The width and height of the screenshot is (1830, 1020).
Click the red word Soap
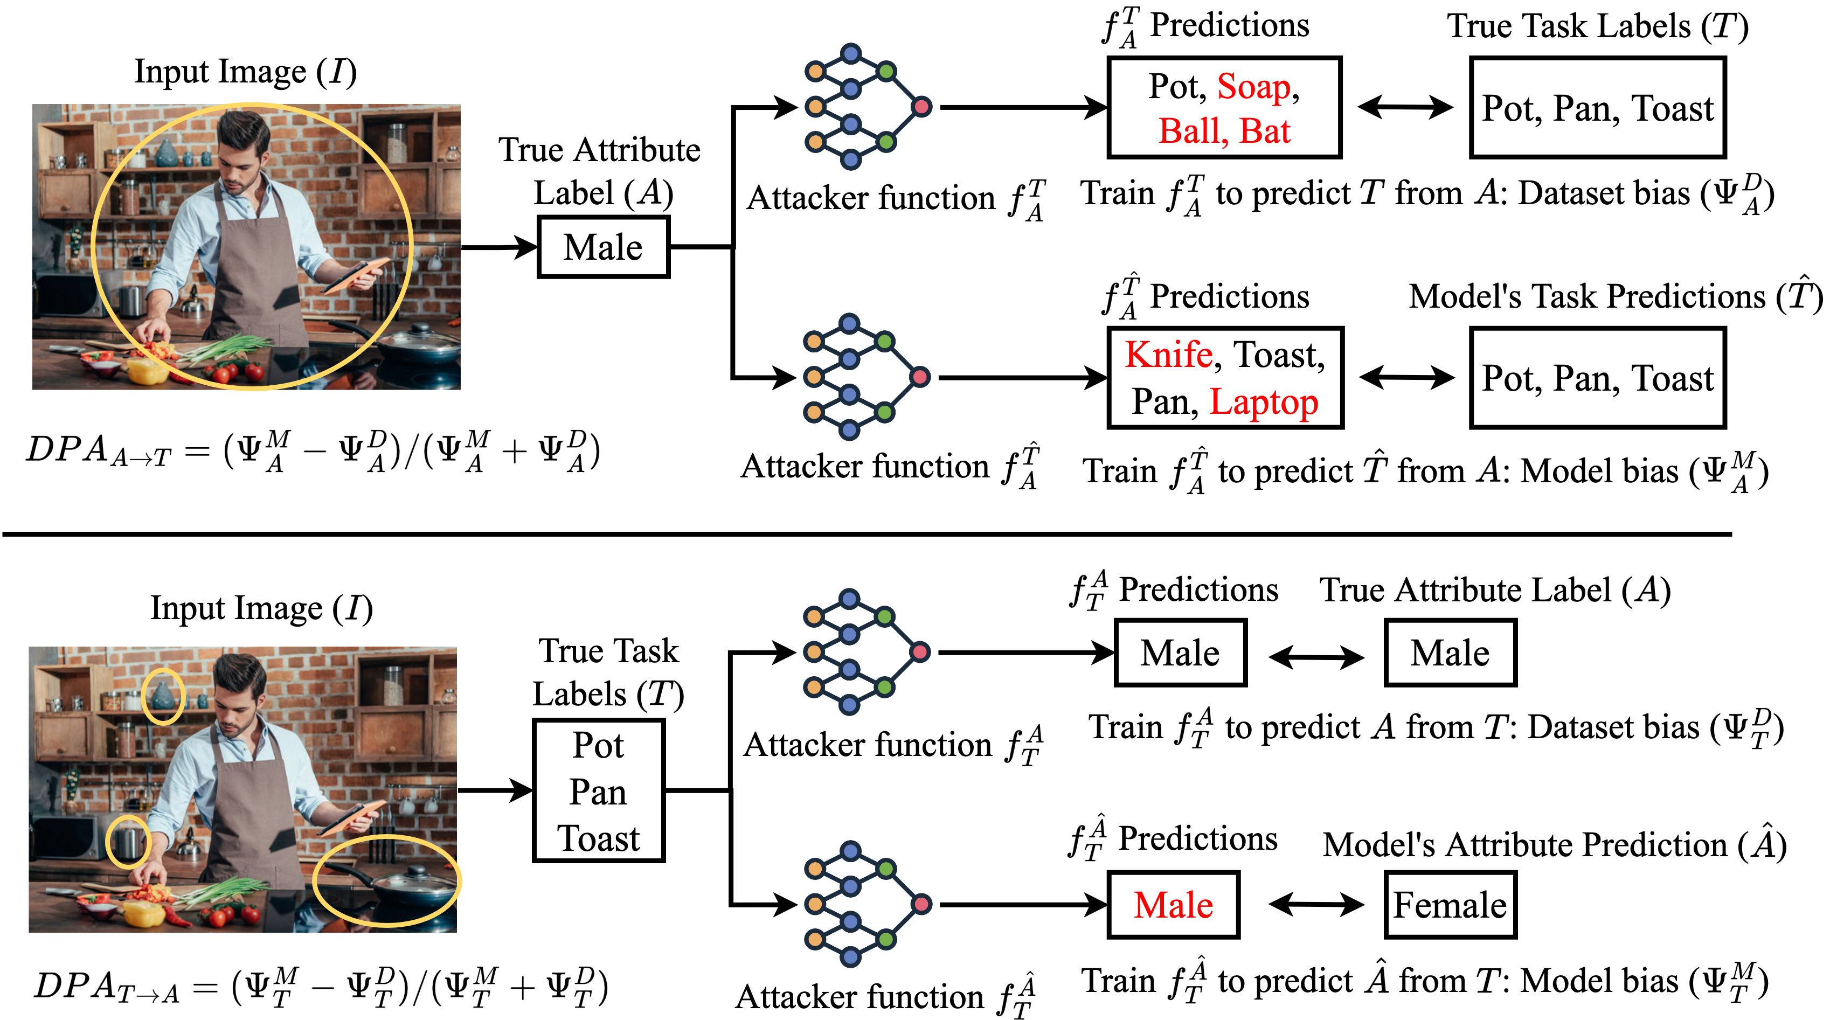pyautogui.click(x=1253, y=87)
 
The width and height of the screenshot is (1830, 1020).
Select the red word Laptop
pyautogui.click(x=1263, y=402)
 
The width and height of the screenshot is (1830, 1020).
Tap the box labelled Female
pyautogui.click(x=1450, y=905)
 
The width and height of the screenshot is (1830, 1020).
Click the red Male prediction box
pyautogui.click(x=1174, y=905)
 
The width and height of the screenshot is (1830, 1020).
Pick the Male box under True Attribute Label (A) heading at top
pyautogui.click(x=603, y=247)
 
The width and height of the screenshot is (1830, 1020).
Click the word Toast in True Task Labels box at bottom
pyautogui.click(x=598, y=839)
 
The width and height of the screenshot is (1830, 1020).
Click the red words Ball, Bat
pyautogui.click(x=1224, y=131)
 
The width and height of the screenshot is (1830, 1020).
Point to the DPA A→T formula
pyautogui.click(x=313, y=450)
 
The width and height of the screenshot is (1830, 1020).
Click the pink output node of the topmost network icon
pyautogui.click(x=921, y=107)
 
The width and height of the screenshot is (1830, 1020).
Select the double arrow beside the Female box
pyautogui.click(x=1316, y=905)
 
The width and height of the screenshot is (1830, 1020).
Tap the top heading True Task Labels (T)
pyautogui.click(x=1598, y=27)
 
